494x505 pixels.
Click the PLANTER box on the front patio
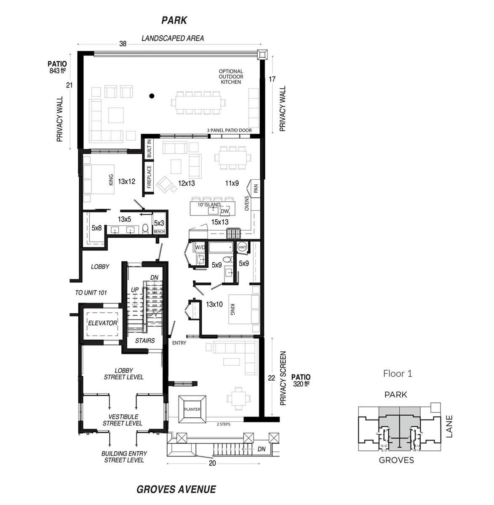click(192, 409)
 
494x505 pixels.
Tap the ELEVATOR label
click(102, 323)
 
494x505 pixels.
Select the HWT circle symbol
click(242, 247)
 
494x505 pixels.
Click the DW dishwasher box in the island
click(224, 211)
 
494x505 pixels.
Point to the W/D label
click(200, 247)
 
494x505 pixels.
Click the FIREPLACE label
click(149, 177)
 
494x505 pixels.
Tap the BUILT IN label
click(149, 149)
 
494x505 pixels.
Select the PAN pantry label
click(256, 189)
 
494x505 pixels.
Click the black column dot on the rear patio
click(152, 96)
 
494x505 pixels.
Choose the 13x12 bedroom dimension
click(126, 181)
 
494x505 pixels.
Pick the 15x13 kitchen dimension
click(220, 222)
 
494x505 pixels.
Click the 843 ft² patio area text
click(57, 71)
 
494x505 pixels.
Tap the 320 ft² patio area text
click(301, 384)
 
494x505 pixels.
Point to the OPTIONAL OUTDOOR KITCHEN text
click(231, 77)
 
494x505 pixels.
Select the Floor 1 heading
click(398, 373)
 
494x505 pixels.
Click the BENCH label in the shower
click(159, 231)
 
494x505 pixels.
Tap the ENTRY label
click(179, 343)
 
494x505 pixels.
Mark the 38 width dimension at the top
click(123, 44)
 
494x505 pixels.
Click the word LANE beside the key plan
click(449, 426)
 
